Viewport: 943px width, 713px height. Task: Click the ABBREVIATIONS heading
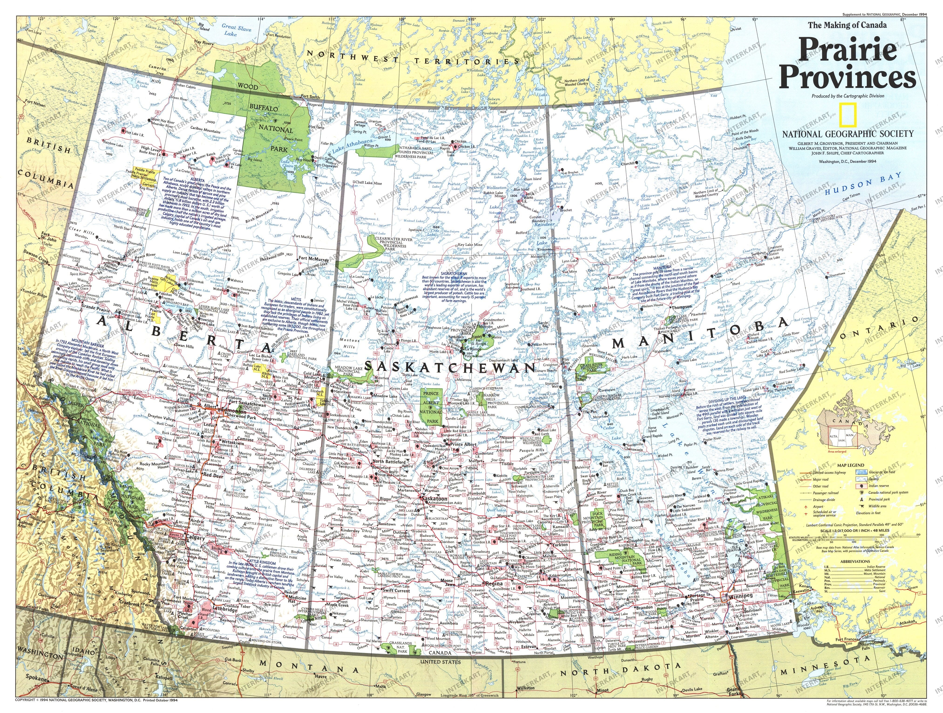[x=856, y=562]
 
